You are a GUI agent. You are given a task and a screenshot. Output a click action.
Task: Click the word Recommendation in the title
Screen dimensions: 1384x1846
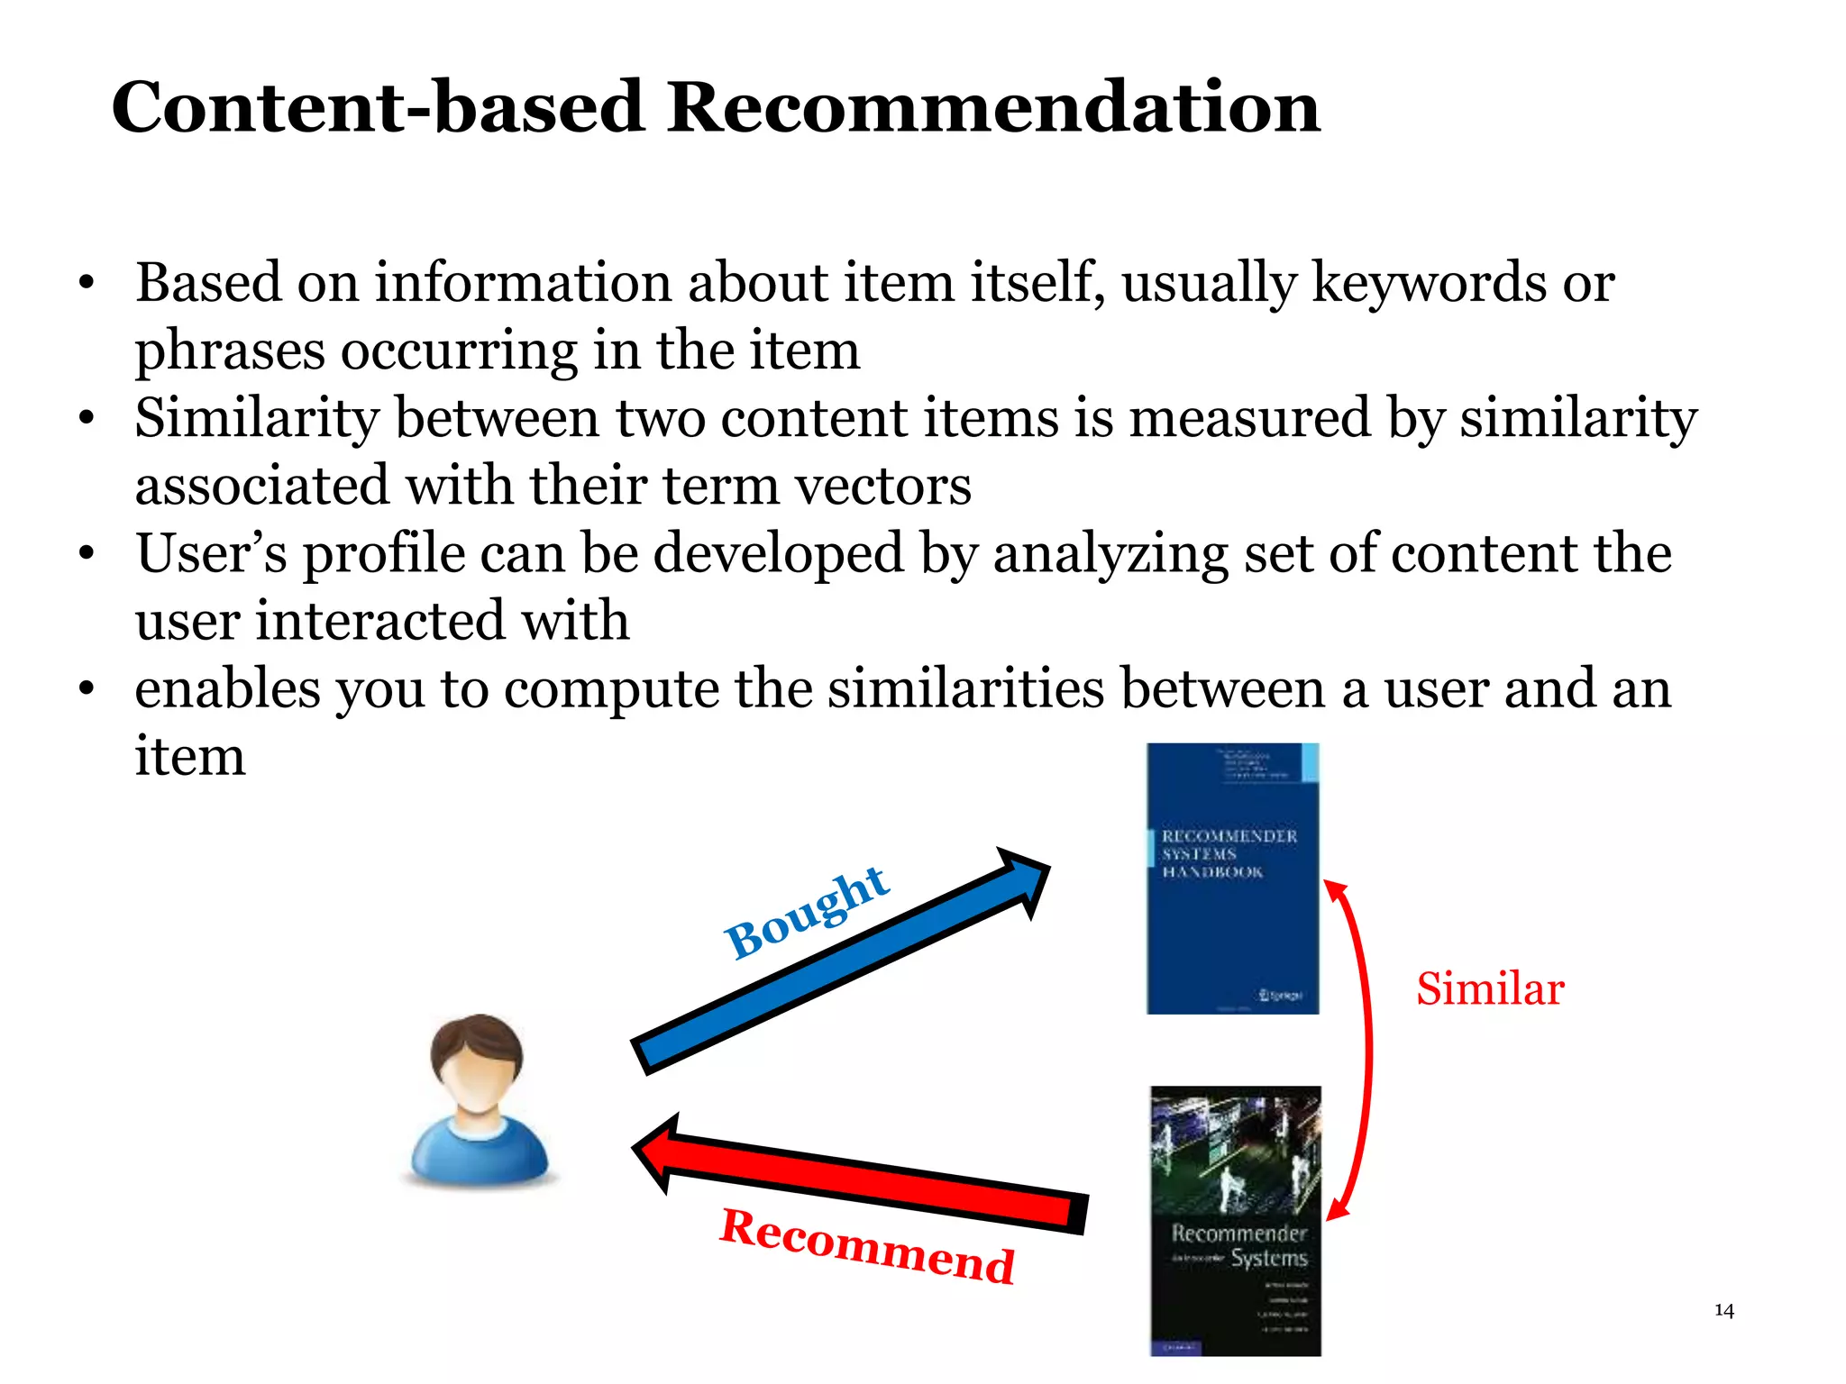993,107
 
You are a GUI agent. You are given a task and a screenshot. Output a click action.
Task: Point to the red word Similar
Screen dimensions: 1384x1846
1489,988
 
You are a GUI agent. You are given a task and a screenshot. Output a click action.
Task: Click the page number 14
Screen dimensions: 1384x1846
1723,1310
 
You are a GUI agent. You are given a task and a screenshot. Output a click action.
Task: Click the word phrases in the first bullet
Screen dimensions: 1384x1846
229,351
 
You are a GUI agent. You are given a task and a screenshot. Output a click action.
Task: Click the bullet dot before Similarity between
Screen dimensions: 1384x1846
86,419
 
